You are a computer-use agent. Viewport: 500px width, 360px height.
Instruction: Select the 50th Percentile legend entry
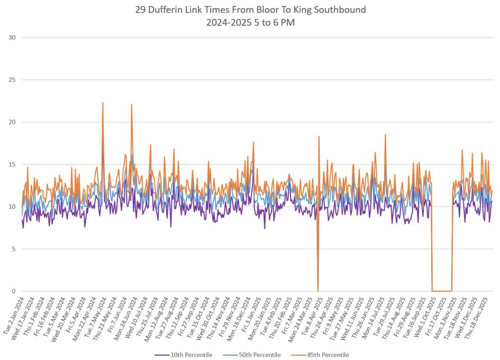pyautogui.click(x=260, y=355)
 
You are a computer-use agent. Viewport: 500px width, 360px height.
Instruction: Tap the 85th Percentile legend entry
pyautogui.click(x=328, y=355)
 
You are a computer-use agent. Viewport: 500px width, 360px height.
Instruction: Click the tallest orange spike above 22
pyautogui.click(x=103, y=103)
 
